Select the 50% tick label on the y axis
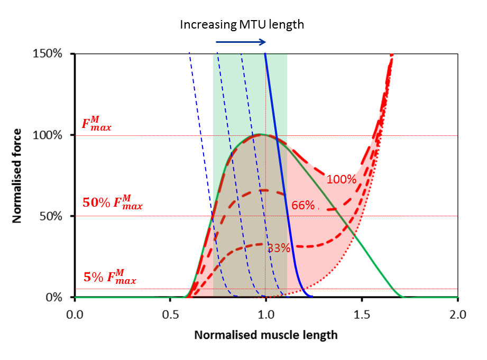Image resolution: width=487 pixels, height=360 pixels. pos(53,216)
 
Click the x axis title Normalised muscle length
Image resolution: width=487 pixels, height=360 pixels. pos(265,335)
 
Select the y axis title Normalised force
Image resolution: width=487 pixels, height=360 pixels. pos(17,175)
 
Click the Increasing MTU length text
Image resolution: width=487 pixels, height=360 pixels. pos(242,24)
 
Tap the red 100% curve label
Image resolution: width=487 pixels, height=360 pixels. pos(341,179)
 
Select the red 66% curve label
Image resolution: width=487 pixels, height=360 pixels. pos(303,205)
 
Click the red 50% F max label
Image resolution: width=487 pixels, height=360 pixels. pos(113,202)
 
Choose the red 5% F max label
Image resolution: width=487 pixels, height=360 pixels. pos(109,277)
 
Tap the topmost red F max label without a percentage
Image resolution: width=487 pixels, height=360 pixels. pos(96,125)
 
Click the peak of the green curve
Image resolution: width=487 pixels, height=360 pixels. pos(260,134)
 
